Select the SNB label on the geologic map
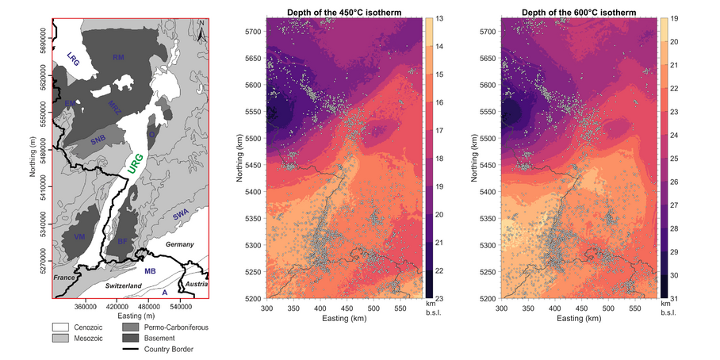click(x=98, y=140)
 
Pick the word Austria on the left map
click(x=196, y=284)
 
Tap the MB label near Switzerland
click(x=150, y=272)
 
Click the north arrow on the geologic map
click(x=203, y=32)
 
